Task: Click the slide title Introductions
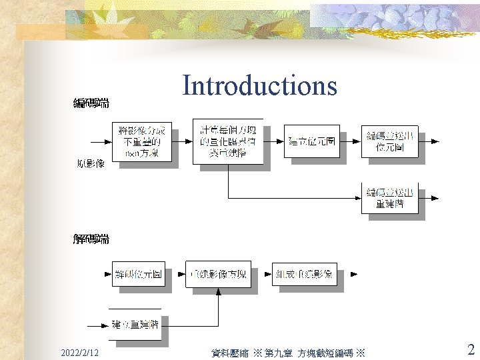(x=259, y=86)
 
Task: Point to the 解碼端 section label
(x=91, y=239)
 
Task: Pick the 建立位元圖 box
(x=311, y=141)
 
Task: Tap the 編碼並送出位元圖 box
(x=389, y=141)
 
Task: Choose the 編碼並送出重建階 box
(x=389, y=197)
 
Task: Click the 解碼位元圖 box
(x=139, y=274)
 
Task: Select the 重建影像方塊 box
(x=218, y=274)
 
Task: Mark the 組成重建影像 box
(x=305, y=274)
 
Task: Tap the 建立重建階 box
(x=139, y=325)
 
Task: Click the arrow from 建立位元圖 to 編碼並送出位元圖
(x=350, y=141)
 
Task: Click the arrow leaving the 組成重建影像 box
(x=349, y=274)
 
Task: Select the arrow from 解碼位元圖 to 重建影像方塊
(x=175, y=274)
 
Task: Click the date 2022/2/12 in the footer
(x=79, y=351)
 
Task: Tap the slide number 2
(x=471, y=349)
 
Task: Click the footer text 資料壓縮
(x=229, y=352)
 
